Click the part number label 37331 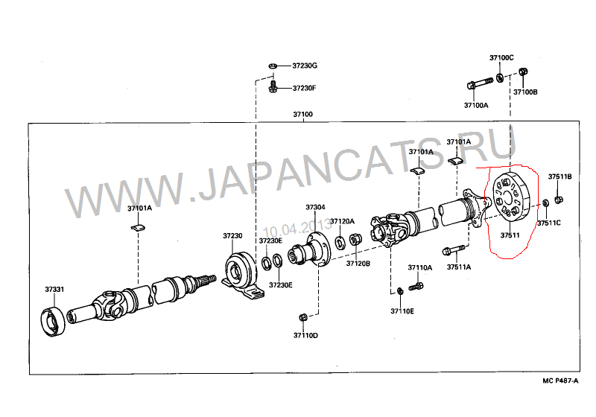(54, 290)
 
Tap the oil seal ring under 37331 (53, 322)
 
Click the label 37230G (305, 66)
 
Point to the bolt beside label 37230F (273, 86)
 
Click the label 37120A (342, 221)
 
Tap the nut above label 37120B (355, 240)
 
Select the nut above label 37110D (303, 316)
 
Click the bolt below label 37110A (416, 287)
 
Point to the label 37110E (402, 311)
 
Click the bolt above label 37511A (454, 250)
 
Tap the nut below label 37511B (558, 200)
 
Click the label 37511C (549, 223)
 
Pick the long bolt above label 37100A (480, 83)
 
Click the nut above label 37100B (524, 71)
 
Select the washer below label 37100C (500, 77)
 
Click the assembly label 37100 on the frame (303, 115)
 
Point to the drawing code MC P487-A (560, 381)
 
